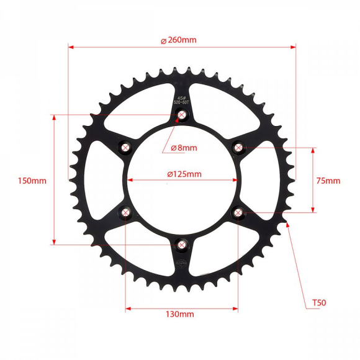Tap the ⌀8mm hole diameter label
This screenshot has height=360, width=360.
point(183,148)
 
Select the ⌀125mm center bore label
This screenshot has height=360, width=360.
point(184,174)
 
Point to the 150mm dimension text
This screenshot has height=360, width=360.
point(32,181)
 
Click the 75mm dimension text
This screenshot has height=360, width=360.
point(328,181)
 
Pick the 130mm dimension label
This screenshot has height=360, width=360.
point(181,315)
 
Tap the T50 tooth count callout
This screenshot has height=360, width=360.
point(318,304)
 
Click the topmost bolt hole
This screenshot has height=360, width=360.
point(182,115)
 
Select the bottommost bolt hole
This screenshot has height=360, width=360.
point(182,244)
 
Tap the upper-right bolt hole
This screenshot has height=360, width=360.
point(238,147)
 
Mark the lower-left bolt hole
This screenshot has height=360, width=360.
point(126,212)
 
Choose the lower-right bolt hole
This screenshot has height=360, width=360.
point(238,212)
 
